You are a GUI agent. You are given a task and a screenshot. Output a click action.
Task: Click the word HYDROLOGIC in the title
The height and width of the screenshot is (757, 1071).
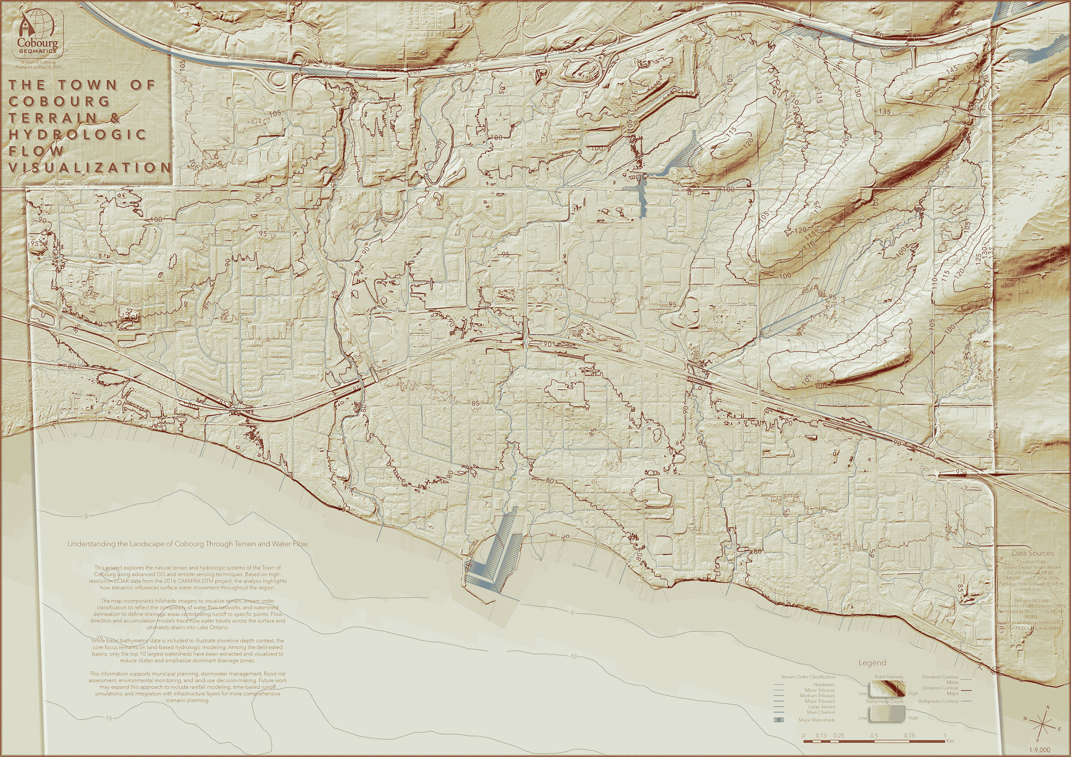click(x=77, y=135)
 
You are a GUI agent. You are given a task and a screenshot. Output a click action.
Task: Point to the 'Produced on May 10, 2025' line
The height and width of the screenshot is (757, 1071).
click(x=38, y=67)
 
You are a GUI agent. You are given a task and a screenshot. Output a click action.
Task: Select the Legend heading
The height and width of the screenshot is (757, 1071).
click(x=872, y=663)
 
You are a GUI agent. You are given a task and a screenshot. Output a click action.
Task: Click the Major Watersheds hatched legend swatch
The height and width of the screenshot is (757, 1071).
click(x=778, y=720)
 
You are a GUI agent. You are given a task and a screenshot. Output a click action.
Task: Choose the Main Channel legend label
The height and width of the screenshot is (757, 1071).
click(x=820, y=712)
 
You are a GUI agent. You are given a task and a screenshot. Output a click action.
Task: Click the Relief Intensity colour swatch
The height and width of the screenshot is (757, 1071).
click(x=887, y=688)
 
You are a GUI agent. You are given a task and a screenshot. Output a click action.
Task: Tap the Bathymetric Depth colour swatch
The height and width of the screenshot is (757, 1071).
click(x=887, y=714)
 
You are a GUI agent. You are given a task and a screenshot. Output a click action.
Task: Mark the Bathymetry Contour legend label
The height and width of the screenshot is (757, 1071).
click(x=938, y=701)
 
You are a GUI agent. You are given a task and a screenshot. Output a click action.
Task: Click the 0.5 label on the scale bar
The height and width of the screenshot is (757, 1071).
click(x=874, y=736)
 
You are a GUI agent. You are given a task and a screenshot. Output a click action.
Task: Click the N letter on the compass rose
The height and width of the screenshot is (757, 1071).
click(x=1048, y=708)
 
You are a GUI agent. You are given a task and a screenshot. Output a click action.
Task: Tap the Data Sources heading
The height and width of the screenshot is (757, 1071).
click(x=1032, y=553)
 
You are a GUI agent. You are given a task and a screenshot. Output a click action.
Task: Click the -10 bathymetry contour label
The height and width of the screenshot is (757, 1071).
click(x=572, y=656)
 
